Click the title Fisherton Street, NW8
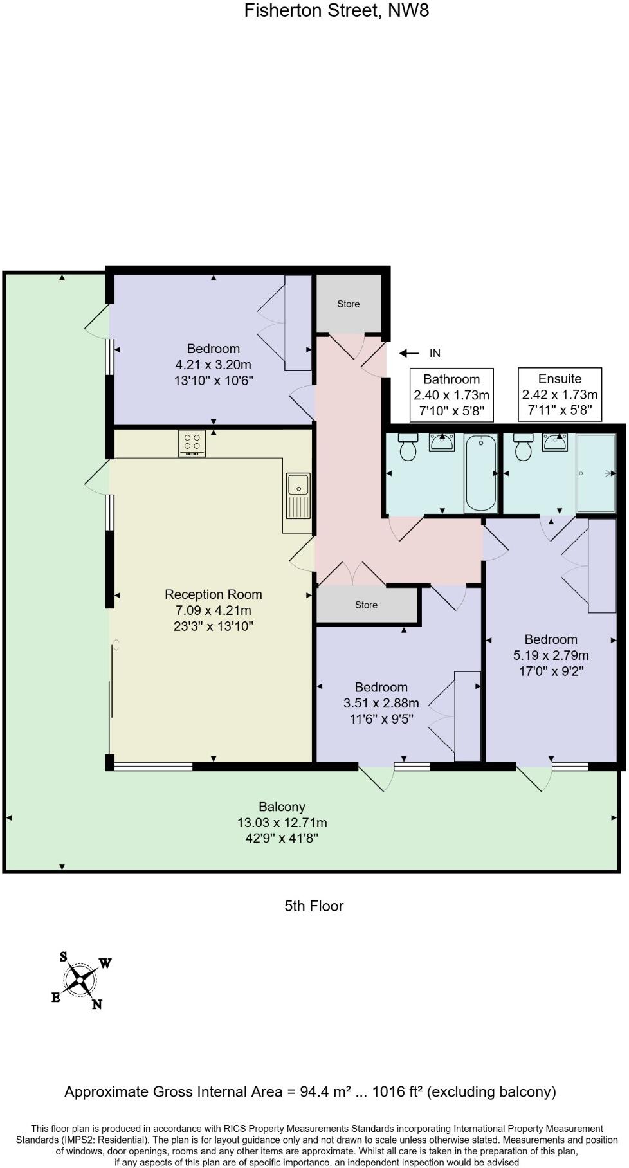(336, 11)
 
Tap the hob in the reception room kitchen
(192, 443)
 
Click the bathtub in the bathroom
(480, 472)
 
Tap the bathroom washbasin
(442, 443)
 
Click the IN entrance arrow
(409, 353)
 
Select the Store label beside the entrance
(349, 304)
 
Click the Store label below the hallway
(366, 605)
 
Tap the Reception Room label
(214, 594)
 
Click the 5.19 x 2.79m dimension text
(551, 655)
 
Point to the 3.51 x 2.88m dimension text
(381, 703)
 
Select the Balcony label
(282, 807)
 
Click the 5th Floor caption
(314, 906)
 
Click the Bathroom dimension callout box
(451, 395)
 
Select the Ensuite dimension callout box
(560, 394)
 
